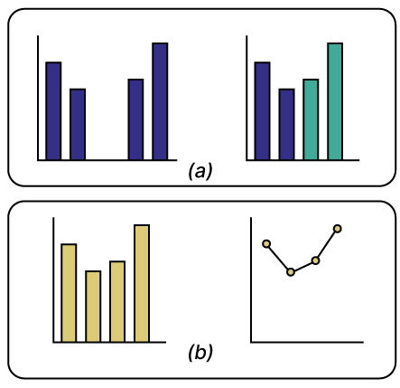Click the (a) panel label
200,170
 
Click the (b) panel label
200,353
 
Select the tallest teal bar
334,101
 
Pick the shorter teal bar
310,119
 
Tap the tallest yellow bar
141,283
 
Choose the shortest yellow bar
93,306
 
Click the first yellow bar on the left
69,292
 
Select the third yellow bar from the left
117,301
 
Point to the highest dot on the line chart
338,228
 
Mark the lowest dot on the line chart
291,271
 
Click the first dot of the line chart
266,242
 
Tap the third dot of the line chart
315,260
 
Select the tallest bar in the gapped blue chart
160,101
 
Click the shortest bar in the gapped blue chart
78,124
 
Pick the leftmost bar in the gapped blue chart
53,110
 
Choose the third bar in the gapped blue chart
135,119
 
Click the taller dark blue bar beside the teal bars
262,110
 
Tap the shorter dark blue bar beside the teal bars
286,124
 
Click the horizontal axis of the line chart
307,342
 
